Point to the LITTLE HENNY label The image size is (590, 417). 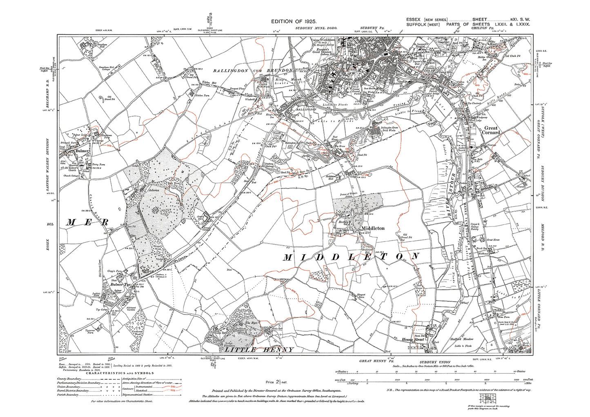pyautogui.click(x=256, y=350)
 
